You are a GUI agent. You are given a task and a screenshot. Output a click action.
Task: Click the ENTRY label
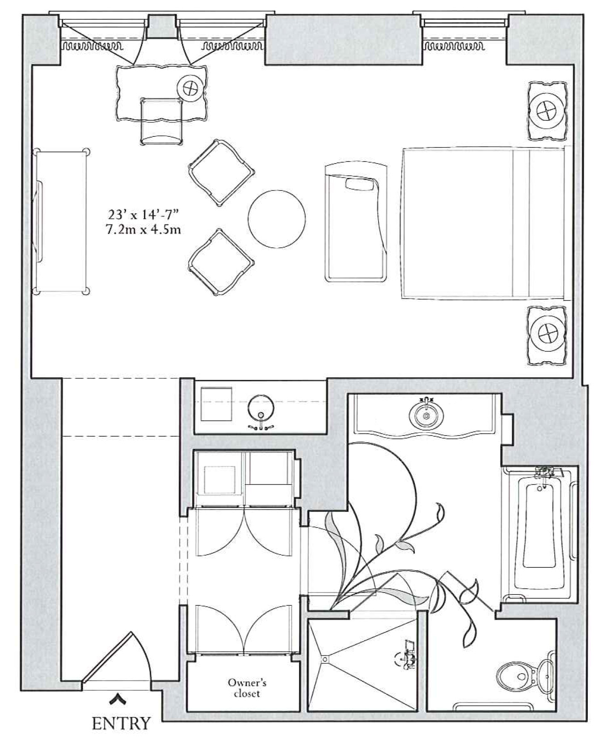click(x=121, y=723)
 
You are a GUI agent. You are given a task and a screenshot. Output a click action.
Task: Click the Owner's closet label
click(x=247, y=688)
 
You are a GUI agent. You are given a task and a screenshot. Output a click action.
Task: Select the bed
click(x=483, y=223)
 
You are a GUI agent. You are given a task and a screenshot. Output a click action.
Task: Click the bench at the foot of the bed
click(x=355, y=223)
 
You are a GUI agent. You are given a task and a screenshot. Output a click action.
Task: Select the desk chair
click(x=161, y=121)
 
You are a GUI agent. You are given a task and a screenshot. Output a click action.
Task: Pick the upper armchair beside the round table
click(x=221, y=172)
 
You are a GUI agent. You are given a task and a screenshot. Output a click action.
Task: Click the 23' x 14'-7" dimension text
click(x=143, y=215)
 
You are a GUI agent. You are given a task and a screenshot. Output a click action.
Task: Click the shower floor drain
click(x=325, y=659)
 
